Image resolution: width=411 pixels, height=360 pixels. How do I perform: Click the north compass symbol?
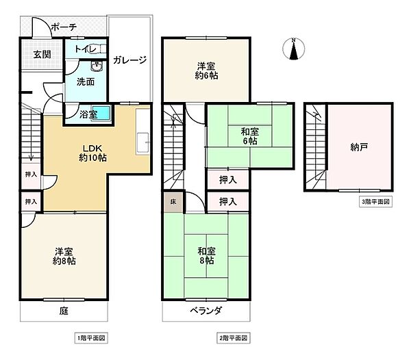[294, 49]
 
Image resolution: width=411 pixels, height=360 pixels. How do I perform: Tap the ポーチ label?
[64, 27]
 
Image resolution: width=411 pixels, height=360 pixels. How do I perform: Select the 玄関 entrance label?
[42, 55]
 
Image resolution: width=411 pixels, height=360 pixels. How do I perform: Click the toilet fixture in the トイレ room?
[97, 49]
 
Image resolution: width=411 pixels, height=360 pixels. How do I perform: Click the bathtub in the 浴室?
[101, 114]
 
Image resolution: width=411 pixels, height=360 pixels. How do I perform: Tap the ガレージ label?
[129, 60]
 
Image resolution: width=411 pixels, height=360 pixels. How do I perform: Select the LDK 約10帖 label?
[92, 153]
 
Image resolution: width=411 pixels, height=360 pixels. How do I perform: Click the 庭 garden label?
[64, 311]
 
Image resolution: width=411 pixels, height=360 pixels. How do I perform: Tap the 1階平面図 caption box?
[91, 338]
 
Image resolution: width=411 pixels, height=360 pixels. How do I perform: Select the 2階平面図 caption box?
[234, 338]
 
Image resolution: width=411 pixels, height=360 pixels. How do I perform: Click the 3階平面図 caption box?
[375, 202]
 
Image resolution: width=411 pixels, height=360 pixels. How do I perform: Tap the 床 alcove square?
[173, 202]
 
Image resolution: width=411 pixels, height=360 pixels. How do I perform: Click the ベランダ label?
[206, 311]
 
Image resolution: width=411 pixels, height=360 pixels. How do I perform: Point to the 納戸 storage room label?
[359, 147]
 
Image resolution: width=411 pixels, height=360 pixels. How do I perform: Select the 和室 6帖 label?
[250, 136]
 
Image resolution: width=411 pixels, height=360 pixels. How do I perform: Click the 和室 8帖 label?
[207, 256]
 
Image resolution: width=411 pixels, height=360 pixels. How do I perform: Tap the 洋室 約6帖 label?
[207, 70]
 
